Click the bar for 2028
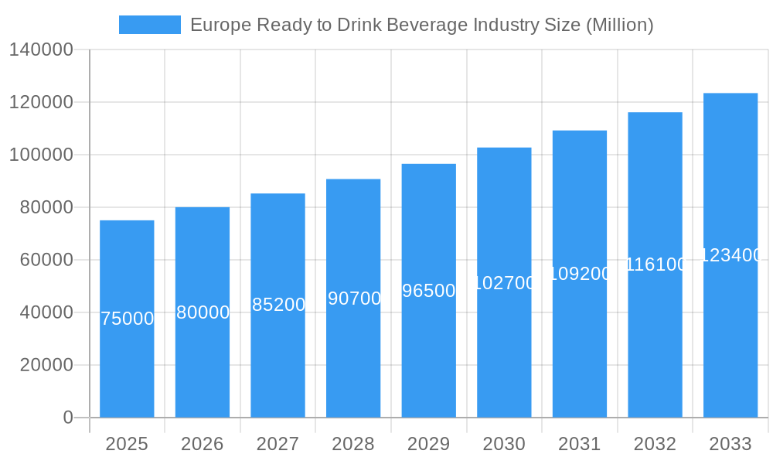[x=353, y=348]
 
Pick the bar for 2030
[x=504, y=348]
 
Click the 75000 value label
[x=128, y=319]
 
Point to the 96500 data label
[x=429, y=291]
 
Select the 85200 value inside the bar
[x=278, y=305]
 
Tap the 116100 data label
[x=656, y=264]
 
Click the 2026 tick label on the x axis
[x=203, y=444]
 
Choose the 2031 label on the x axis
[x=580, y=444]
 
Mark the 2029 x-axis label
[x=429, y=444]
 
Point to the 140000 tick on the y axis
[x=41, y=50]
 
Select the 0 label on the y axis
[x=67, y=418]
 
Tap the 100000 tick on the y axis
[x=41, y=155]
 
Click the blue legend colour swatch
[x=149, y=25]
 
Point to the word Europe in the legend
[x=217, y=25]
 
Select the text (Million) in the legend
[x=619, y=25]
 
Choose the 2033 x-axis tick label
[x=730, y=444]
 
